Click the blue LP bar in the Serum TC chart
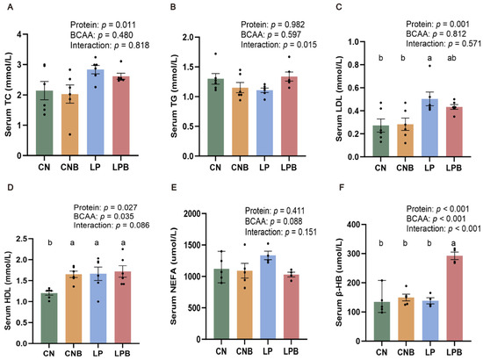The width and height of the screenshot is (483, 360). point(96,112)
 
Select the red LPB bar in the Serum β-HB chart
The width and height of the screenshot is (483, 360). point(455,299)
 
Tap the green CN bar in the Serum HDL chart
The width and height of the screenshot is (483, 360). point(49,318)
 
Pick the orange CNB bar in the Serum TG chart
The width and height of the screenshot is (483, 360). point(240,122)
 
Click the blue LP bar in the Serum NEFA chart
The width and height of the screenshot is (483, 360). point(268,297)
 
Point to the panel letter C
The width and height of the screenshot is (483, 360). point(339,7)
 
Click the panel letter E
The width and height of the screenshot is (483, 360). point(174,187)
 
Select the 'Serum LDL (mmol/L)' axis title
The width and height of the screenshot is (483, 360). point(339,99)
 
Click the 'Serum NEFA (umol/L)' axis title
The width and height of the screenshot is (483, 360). point(174,276)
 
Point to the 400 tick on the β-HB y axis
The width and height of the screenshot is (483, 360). point(354,225)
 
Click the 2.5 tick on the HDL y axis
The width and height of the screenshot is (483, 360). point(21,239)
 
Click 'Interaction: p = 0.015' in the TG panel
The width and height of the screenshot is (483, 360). point(278,45)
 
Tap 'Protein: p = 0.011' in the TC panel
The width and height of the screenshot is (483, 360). point(103,25)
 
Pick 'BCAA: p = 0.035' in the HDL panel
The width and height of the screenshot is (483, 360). point(104,216)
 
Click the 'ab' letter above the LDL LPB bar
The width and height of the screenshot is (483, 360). point(451,58)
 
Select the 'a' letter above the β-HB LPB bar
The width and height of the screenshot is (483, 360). point(453,243)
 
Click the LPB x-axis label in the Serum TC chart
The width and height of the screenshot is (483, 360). point(120,167)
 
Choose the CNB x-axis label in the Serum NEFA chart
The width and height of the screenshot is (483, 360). point(245,351)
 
